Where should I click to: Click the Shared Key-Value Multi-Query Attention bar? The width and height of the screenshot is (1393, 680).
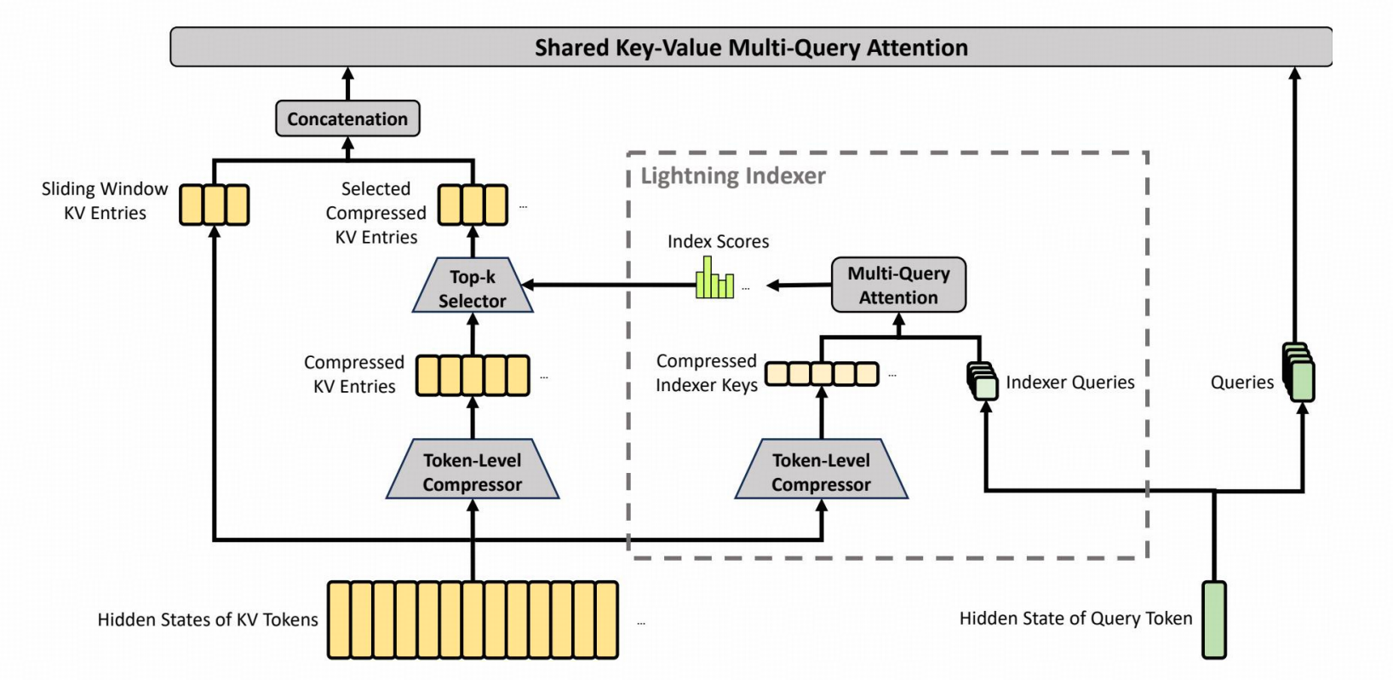(x=751, y=47)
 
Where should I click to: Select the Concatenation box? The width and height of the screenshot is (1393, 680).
(x=347, y=118)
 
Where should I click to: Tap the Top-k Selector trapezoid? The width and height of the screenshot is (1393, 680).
(x=473, y=285)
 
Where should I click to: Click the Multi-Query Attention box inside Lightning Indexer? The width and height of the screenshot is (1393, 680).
(x=898, y=285)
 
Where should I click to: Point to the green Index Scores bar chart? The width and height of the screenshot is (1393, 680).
(x=714, y=278)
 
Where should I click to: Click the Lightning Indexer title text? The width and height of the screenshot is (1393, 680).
(x=733, y=176)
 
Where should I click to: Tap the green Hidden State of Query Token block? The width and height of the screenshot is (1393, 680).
(x=1214, y=619)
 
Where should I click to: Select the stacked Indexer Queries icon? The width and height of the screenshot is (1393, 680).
(x=983, y=381)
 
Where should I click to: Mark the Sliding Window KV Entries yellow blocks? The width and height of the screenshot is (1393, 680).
(x=215, y=205)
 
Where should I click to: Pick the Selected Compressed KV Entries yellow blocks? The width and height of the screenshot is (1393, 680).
(x=473, y=205)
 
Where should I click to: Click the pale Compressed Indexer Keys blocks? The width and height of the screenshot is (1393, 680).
(x=822, y=374)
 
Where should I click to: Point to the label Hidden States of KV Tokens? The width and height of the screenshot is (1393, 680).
(x=208, y=619)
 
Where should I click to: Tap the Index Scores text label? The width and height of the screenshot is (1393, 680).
(x=719, y=241)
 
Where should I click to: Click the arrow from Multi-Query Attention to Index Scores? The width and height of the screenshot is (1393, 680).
(x=800, y=285)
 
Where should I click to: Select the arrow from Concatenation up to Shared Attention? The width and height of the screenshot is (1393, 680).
(x=348, y=84)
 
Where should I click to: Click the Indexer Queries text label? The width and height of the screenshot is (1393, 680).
(x=1070, y=382)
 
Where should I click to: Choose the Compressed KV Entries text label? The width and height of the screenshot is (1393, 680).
(x=354, y=374)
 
